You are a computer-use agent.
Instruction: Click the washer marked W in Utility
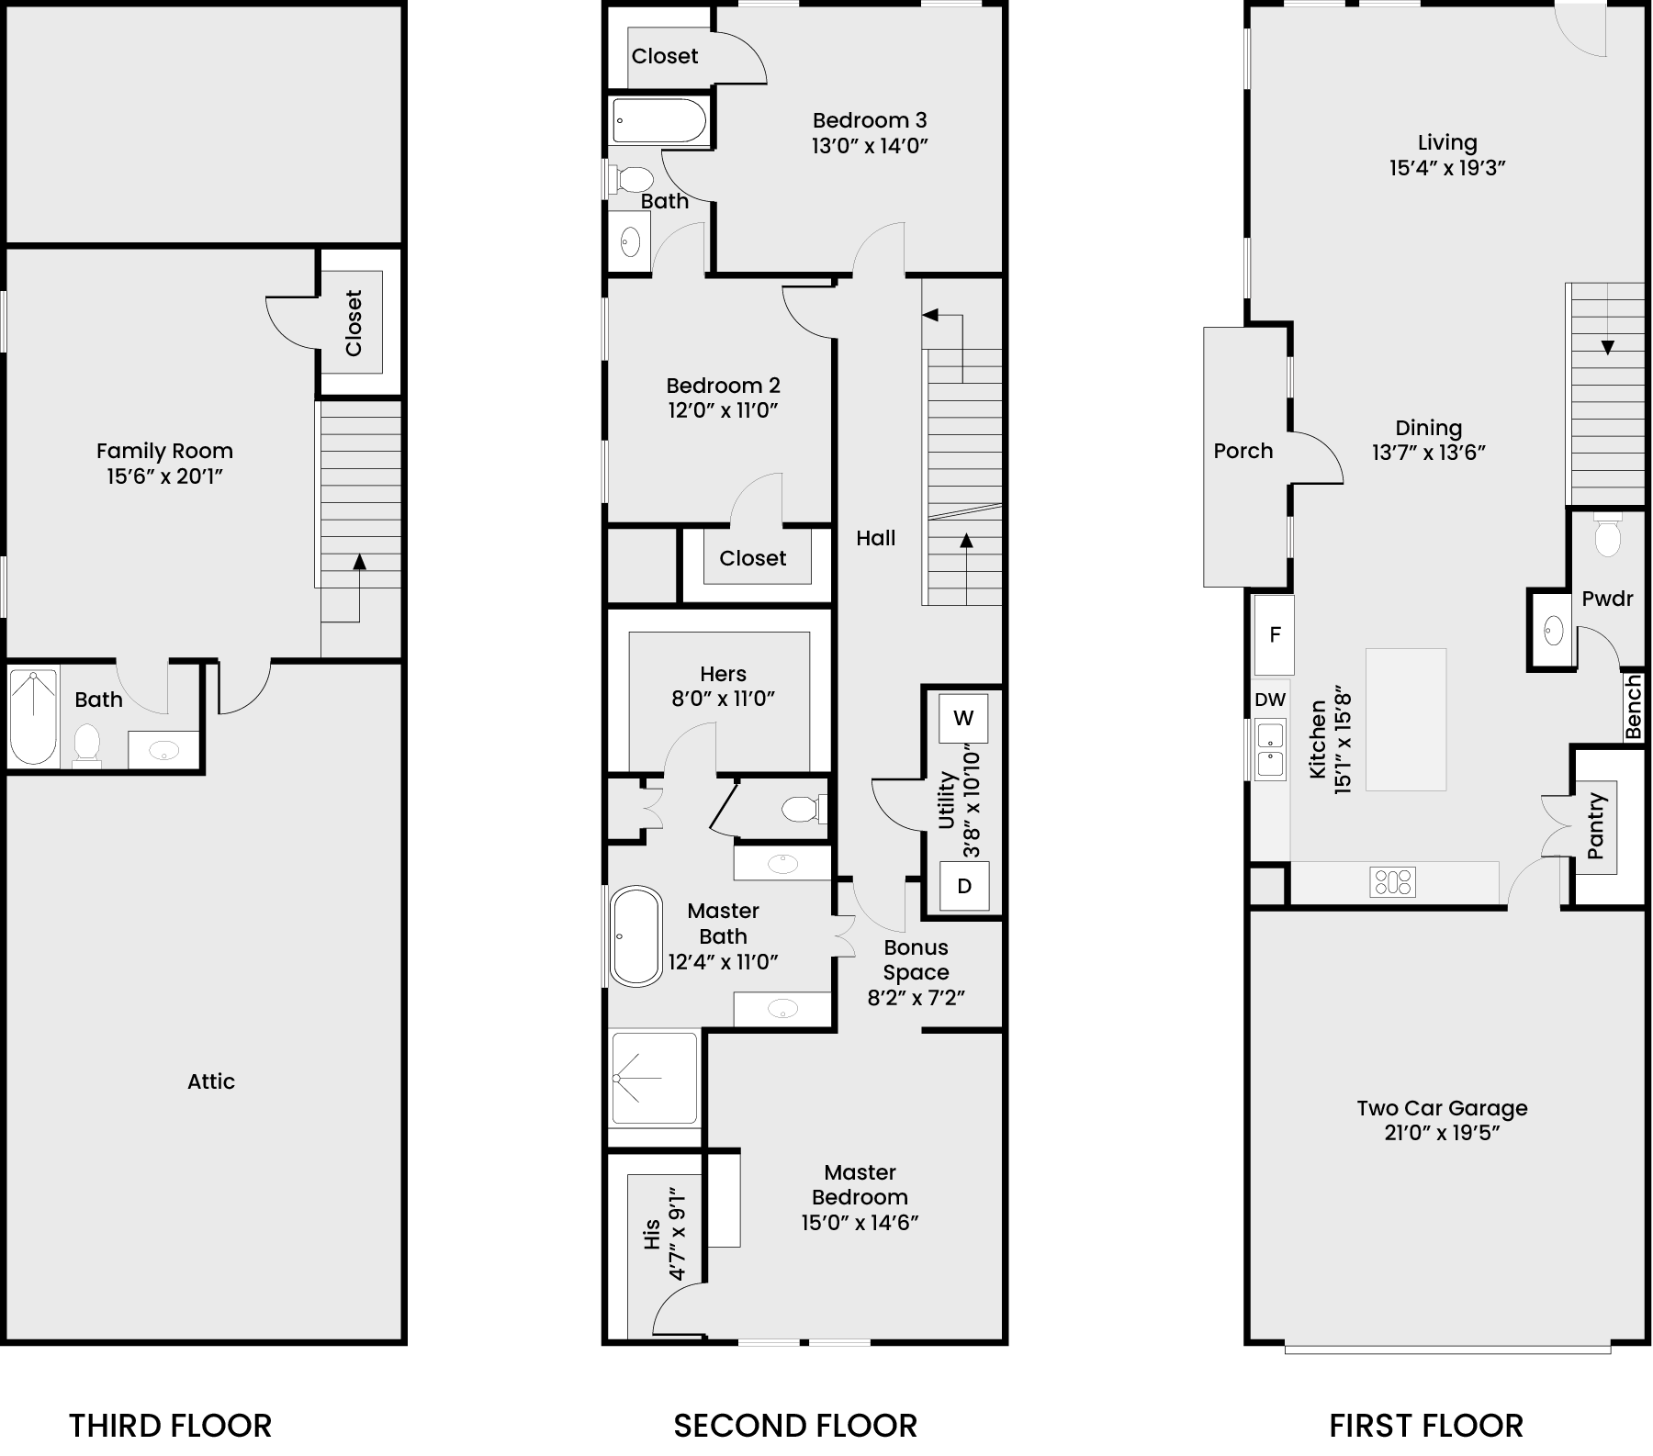[x=963, y=718]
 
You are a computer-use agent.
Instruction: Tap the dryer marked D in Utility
[x=964, y=886]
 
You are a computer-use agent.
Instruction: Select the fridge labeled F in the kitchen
[x=1275, y=634]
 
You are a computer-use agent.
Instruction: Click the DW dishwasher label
[x=1270, y=700]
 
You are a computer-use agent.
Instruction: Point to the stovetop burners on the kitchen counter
[x=1392, y=882]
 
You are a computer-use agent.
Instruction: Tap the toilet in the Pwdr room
[x=1608, y=538]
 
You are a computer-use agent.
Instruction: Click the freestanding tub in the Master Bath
[x=635, y=936]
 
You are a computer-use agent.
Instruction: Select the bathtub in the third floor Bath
[x=33, y=717]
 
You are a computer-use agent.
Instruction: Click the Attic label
[x=211, y=1081]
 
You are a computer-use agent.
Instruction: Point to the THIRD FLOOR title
[x=171, y=1426]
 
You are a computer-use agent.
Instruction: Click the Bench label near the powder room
[x=1633, y=707]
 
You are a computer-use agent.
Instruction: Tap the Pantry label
[x=1595, y=825]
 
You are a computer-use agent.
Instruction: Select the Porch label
[x=1243, y=451]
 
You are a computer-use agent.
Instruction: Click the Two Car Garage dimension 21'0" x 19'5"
[x=1442, y=1133]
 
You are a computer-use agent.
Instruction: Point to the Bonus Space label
[x=916, y=959]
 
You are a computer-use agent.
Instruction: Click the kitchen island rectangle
[x=1406, y=720]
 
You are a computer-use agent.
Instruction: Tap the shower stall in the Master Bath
[x=655, y=1078]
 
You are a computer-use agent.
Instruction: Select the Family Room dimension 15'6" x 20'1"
[x=165, y=476]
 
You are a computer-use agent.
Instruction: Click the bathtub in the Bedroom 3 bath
[x=660, y=120]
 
